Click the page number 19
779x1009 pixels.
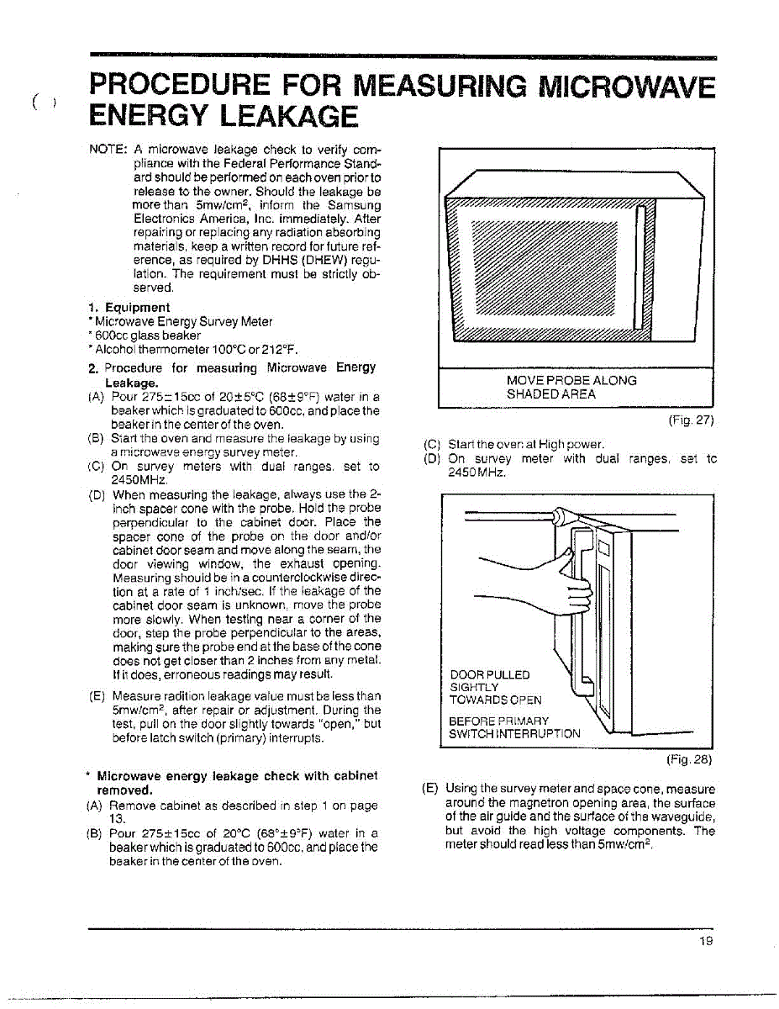[705, 941]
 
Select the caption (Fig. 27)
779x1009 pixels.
[691, 420]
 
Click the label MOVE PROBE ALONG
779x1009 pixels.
[571, 380]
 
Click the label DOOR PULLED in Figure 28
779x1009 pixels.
[490, 674]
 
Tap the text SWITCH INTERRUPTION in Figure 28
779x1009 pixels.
[514, 733]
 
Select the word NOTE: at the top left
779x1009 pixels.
[108, 150]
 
